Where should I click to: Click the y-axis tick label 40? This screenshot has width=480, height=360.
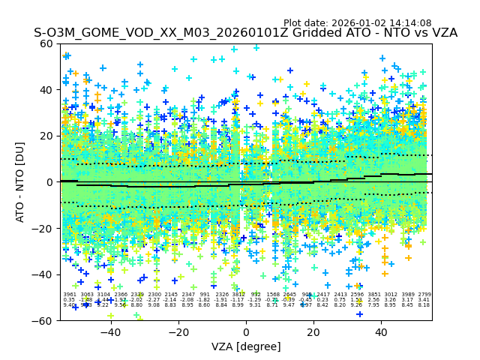47,89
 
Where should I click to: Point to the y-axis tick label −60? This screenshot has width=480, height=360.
44,320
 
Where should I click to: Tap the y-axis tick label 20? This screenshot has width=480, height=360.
47,136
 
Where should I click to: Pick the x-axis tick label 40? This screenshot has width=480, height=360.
381,332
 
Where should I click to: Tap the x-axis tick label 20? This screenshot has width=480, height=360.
313,332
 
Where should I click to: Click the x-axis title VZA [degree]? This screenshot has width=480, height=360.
246,346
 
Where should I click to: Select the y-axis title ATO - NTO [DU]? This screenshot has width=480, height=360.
21,181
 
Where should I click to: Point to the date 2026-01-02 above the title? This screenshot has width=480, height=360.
358,23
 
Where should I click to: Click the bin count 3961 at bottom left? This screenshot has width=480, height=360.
70,295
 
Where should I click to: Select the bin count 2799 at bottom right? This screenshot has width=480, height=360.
424,295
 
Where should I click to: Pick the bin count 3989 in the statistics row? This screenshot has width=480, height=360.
408,295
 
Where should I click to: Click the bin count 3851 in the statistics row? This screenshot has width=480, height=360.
374,295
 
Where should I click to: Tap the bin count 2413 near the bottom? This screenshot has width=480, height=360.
340,295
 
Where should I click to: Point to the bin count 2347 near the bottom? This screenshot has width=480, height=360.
187,295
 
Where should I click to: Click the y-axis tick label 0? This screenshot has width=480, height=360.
50,181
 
